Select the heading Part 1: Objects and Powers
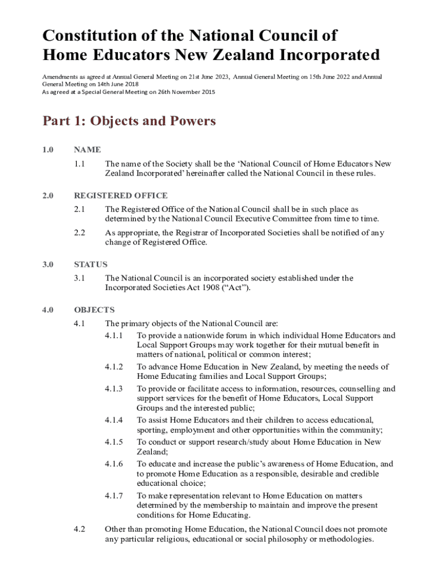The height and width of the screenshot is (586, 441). click(x=129, y=121)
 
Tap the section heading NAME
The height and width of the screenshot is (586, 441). click(x=87, y=150)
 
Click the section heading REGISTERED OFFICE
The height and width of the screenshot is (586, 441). click(x=120, y=196)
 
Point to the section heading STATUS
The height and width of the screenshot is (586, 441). click(x=90, y=264)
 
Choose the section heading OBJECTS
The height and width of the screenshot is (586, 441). click(x=94, y=310)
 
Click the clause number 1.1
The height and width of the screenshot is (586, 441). click(x=80, y=164)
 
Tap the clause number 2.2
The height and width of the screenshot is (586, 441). click(x=80, y=233)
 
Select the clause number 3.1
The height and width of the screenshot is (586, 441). click(x=80, y=278)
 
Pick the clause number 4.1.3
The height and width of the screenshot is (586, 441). click(x=113, y=389)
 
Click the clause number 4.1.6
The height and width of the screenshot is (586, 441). click(x=113, y=464)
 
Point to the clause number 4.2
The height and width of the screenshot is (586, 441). click(x=80, y=529)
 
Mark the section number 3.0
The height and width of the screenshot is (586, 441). click(x=48, y=264)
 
